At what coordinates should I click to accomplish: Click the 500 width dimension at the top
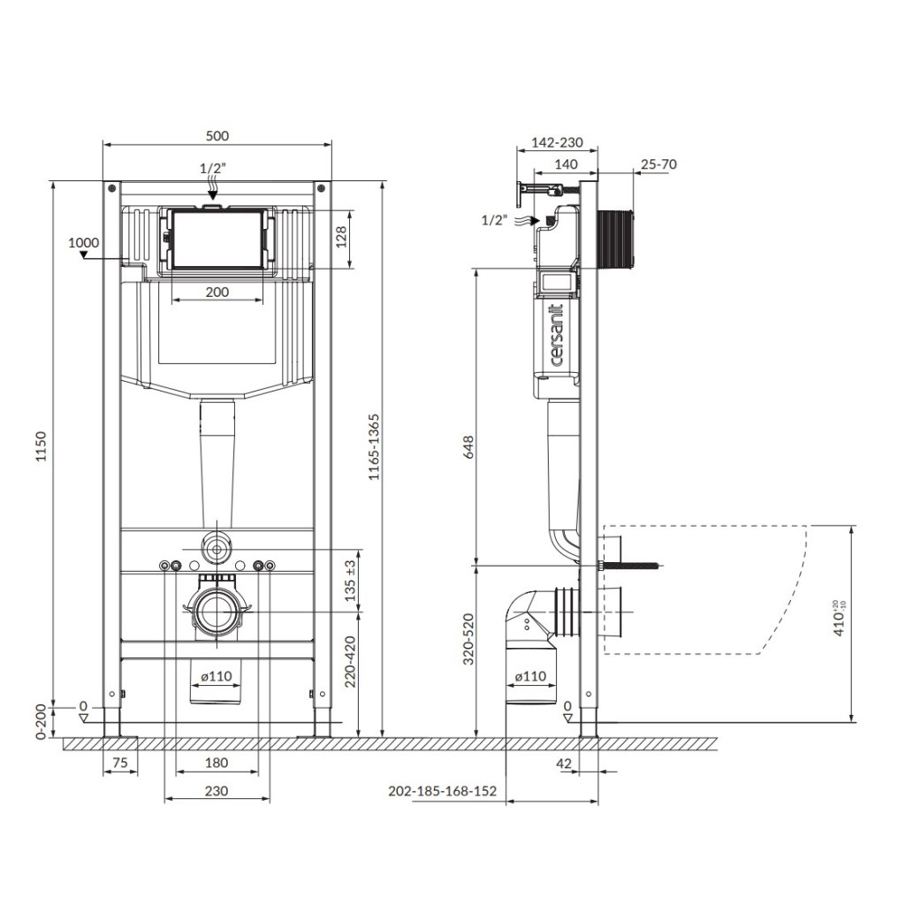pyautogui.click(x=217, y=135)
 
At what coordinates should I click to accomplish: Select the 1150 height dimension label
pyautogui.click(x=41, y=445)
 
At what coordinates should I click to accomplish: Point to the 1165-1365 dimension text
pyautogui.click(x=374, y=446)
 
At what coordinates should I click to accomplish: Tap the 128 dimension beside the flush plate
pyautogui.click(x=341, y=237)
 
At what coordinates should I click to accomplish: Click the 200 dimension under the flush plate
pyautogui.click(x=217, y=292)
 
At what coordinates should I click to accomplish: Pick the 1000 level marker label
pyautogui.click(x=84, y=242)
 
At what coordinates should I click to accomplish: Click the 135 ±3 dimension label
pyautogui.click(x=350, y=581)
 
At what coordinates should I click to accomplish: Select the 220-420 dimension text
pyautogui.click(x=350, y=661)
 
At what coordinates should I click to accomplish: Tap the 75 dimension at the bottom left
pyautogui.click(x=119, y=763)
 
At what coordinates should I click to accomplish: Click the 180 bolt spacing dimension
pyautogui.click(x=217, y=763)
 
